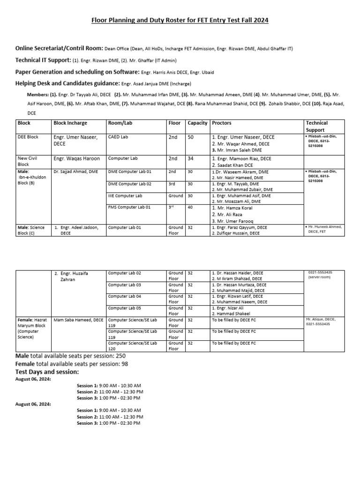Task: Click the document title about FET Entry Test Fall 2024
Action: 180,21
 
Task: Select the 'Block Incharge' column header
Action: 70,123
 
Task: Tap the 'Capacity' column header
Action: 197,123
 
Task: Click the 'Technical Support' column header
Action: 317,126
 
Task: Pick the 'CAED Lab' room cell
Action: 118,137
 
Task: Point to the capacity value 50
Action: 191,137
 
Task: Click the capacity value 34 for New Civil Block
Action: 191,159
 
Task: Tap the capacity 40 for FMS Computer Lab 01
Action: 190,207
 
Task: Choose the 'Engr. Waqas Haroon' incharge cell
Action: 76,159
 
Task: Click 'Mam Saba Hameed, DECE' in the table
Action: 78,320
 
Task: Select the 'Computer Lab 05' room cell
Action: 125,308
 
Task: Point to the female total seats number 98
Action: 123,364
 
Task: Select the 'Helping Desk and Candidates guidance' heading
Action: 67,83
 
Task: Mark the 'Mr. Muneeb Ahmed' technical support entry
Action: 325,227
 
